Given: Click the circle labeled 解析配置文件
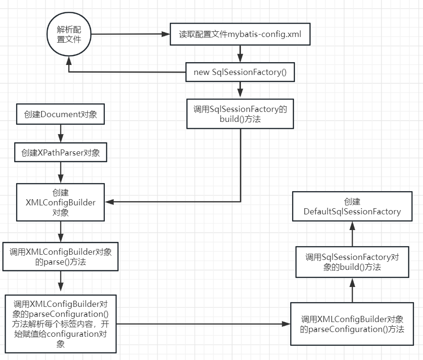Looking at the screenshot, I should click(x=69, y=35).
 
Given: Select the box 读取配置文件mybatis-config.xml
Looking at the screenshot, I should click(x=240, y=35).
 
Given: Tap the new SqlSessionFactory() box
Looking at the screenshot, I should click(x=240, y=72).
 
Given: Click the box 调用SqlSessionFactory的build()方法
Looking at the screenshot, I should click(x=240, y=114).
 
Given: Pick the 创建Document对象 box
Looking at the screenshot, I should click(x=60, y=114).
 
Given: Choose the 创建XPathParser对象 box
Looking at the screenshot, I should click(x=60, y=153).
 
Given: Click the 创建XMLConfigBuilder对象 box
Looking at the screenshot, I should click(x=60, y=203).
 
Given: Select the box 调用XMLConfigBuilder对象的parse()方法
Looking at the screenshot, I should click(x=60, y=257).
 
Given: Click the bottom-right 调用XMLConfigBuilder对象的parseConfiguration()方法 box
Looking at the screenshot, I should click(x=352, y=323).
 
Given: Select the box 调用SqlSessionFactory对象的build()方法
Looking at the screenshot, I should click(x=352, y=262).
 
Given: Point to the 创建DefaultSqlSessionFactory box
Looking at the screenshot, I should click(x=352, y=207).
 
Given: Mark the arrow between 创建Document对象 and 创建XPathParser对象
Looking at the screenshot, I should click(x=60, y=134).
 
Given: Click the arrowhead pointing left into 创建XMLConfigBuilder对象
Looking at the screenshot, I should click(x=110, y=203).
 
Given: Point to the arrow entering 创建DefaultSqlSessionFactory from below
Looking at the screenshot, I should click(x=352, y=234).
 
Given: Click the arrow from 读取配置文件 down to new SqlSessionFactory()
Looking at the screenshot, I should click(x=240, y=54).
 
